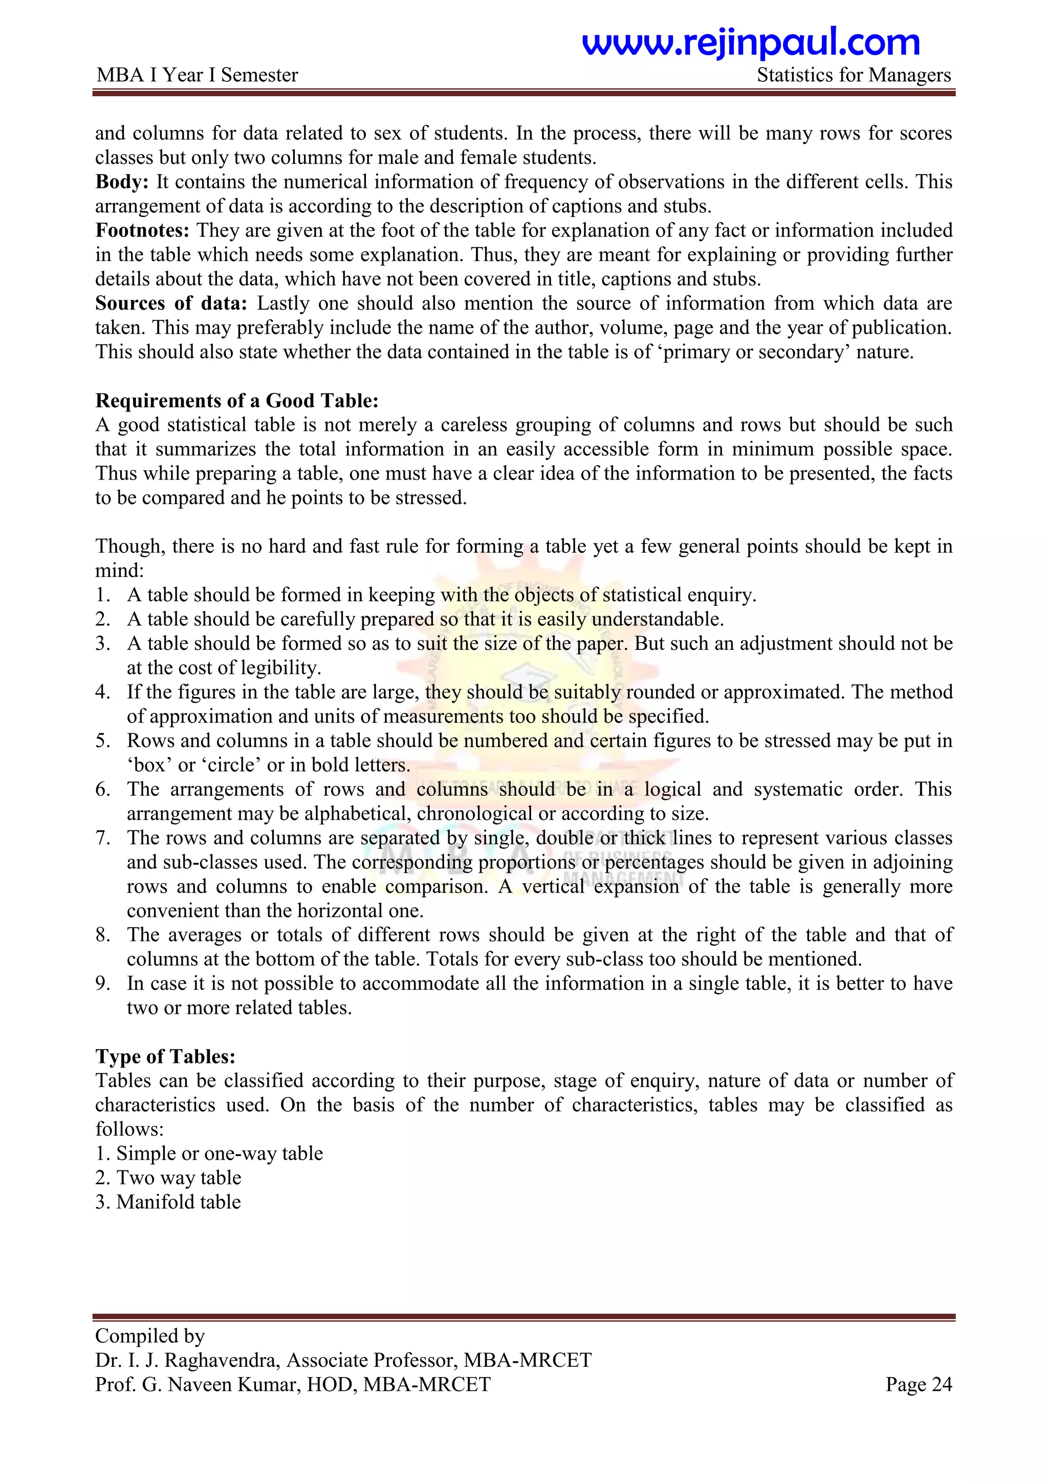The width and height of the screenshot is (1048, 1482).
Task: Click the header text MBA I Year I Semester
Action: coord(197,76)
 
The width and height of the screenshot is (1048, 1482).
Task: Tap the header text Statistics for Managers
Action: coord(853,76)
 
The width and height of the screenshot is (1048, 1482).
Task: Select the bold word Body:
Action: coord(122,182)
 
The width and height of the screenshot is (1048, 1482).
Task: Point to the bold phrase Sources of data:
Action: coord(171,303)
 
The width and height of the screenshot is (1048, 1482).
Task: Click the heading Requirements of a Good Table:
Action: coord(237,401)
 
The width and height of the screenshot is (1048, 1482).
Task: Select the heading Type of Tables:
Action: coord(165,1057)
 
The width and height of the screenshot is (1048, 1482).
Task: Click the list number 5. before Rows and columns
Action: coord(103,741)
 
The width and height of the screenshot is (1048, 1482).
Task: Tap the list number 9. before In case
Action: coord(103,984)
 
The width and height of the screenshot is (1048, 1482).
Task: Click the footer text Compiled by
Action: coord(150,1336)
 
